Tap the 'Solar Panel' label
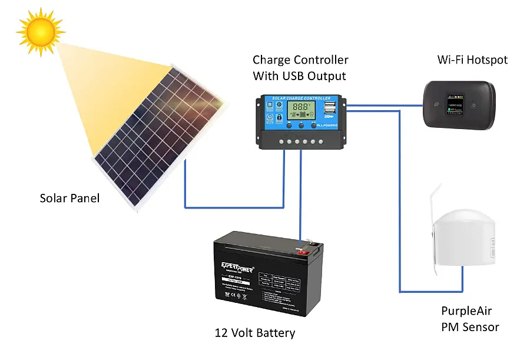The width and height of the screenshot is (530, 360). coord(69,198)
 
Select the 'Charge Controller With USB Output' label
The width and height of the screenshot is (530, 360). coord(300,68)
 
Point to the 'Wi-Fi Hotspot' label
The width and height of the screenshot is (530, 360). coord(472,60)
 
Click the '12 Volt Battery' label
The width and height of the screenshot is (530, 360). coord(255,333)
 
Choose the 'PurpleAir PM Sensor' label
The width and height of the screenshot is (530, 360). coord(470,319)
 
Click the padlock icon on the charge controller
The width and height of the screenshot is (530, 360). coord(279,118)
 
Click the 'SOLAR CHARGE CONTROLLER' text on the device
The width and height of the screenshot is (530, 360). coord(300,98)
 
